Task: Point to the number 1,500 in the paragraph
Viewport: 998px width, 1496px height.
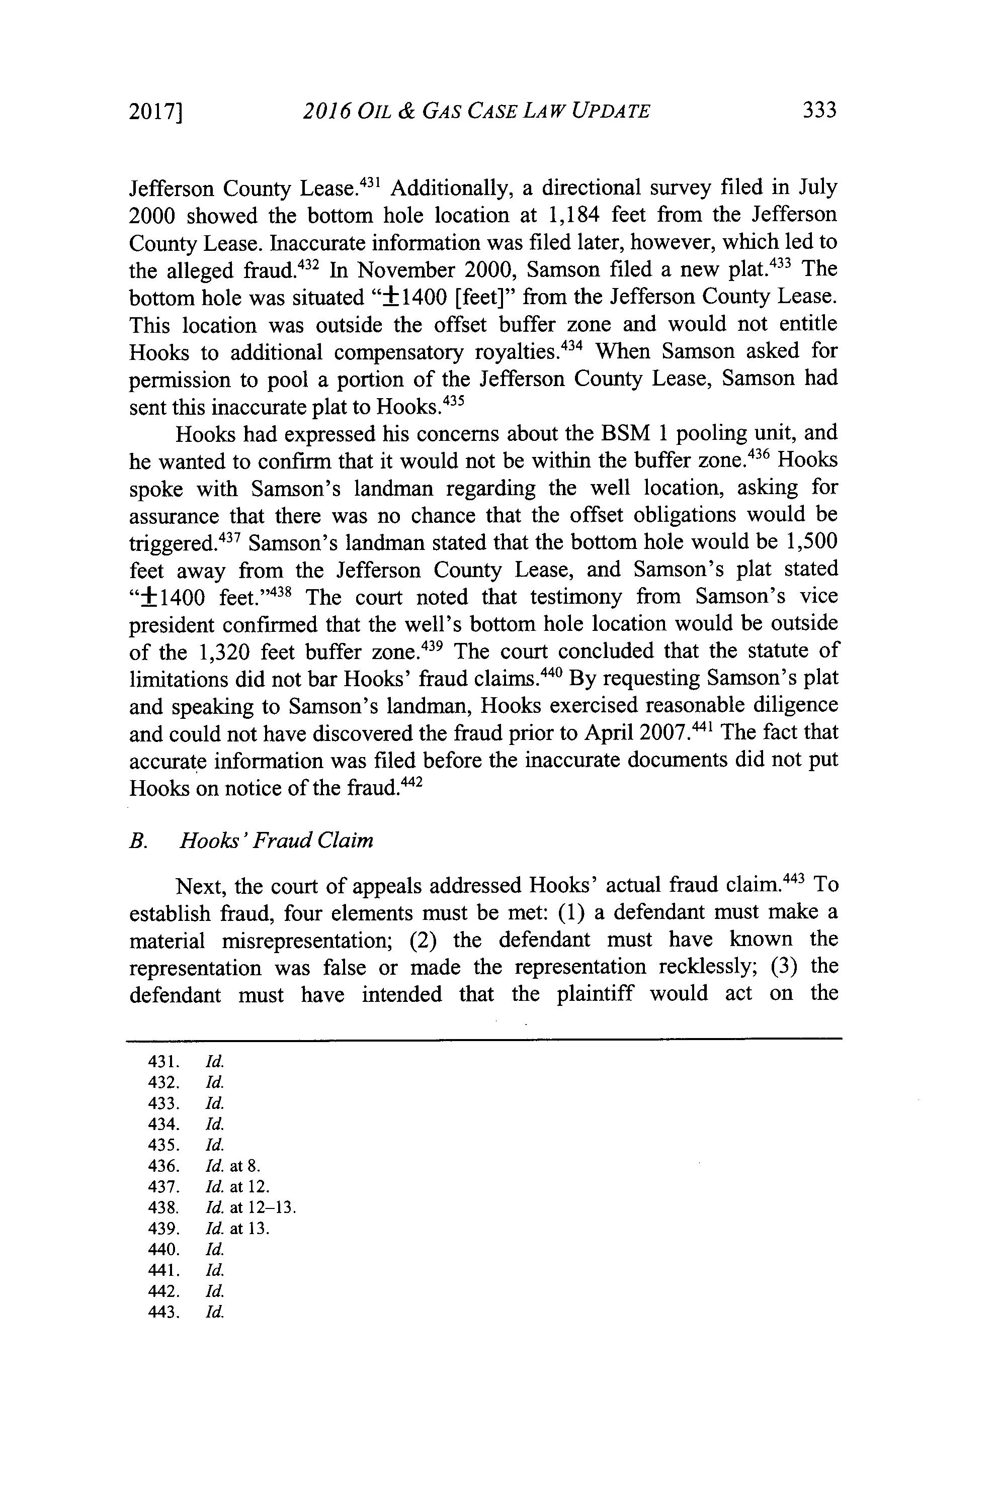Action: coord(811,541)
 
